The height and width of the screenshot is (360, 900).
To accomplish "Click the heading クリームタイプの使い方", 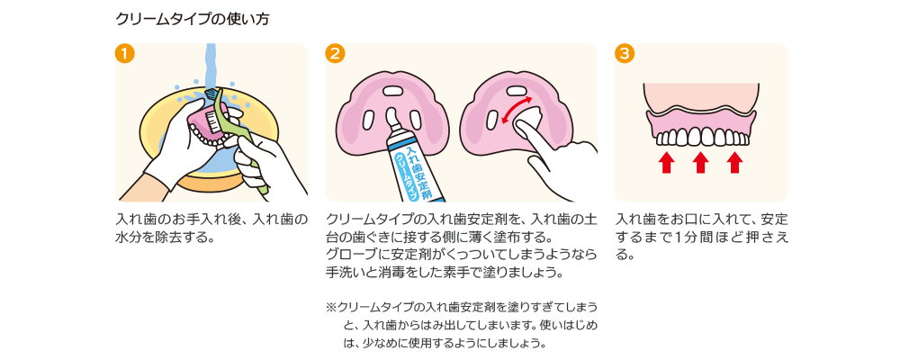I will click(x=192, y=19).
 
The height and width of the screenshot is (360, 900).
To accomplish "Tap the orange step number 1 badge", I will click(x=126, y=53).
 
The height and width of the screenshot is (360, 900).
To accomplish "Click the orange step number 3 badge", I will click(x=625, y=53).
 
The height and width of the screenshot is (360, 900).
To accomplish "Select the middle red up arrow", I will click(x=700, y=162).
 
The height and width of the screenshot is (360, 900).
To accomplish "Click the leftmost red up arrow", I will click(x=665, y=162).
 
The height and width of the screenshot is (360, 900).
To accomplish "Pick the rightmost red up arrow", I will click(x=735, y=162).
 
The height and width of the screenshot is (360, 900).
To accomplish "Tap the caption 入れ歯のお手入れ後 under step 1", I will click(x=211, y=219).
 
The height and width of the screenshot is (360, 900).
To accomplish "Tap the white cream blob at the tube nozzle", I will click(x=393, y=115).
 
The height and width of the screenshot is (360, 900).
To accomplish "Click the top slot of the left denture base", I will click(x=392, y=90).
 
